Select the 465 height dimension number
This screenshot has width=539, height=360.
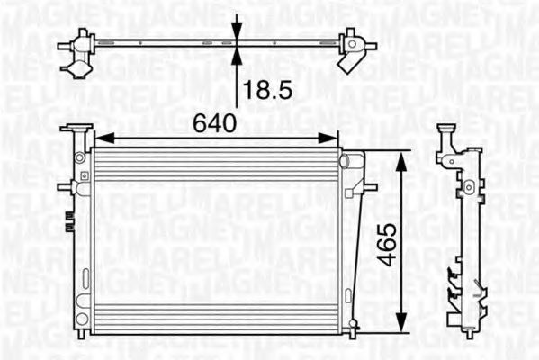(386, 243)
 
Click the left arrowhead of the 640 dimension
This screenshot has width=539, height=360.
(101, 139)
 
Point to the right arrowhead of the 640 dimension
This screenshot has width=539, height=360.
(333, 139)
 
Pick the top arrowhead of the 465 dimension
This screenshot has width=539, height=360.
(401, 156)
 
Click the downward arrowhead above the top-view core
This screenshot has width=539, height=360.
(238, 34)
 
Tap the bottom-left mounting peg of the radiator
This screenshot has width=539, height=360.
(80, 334)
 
